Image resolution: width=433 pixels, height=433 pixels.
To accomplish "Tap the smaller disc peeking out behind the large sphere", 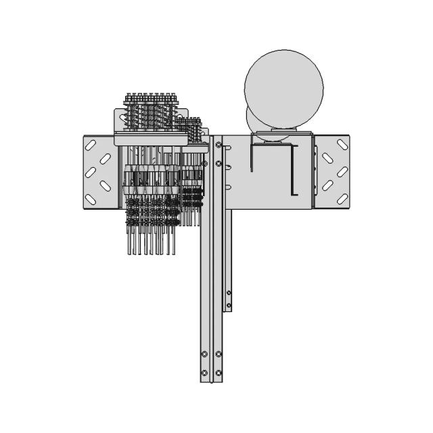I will (x=252, y=122).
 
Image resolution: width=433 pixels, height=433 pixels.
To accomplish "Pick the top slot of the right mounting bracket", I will (x=327, y=159).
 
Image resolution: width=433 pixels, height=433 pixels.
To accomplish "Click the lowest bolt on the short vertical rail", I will (x=229, y=305).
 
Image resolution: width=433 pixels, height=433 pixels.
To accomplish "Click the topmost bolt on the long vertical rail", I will (x=219, y=144).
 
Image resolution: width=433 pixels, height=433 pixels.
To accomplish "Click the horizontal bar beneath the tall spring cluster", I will (x=150, y=139).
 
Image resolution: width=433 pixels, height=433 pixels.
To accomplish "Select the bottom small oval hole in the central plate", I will (x=229, y=187).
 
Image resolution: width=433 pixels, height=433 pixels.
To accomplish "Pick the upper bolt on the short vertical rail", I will (x=229, y=292).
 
